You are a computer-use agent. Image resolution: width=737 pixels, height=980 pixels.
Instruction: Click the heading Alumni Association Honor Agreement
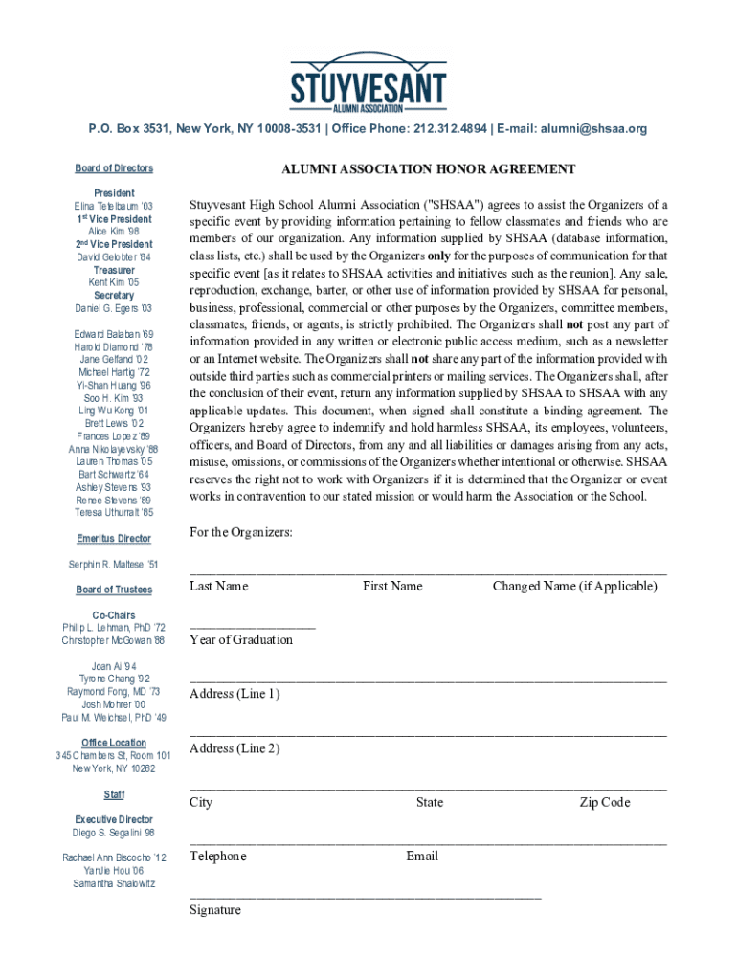coord(428,169)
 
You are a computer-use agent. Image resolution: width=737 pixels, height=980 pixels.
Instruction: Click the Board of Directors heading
coord(114,168)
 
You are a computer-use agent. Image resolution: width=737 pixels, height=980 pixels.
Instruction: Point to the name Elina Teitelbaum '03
coord(114,207)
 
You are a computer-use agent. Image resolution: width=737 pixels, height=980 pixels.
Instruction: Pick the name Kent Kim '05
coord(114,283)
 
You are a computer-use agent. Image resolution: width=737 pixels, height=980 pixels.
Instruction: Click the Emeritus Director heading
coord(114,539)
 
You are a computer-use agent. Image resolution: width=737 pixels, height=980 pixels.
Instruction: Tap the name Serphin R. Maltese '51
coord(114,565)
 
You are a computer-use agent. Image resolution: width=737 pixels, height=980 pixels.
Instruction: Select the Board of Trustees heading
coord(114,590)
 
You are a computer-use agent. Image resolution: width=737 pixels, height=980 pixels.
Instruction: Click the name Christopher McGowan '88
coord(114,640)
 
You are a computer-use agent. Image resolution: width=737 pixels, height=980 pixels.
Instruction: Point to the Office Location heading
coord(114,743)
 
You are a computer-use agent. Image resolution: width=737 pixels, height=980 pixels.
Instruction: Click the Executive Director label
coord(114,819)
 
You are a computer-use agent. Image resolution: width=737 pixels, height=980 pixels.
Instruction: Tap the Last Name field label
coord(218,586)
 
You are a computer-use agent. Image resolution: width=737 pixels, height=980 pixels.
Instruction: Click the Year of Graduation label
coord(241,639)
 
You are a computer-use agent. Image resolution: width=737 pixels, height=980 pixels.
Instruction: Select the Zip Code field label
coord(605,802)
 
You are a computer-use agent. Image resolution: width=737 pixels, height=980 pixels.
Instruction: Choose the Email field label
coord(422,856)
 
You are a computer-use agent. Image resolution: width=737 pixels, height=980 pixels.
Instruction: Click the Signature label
coord(215,910)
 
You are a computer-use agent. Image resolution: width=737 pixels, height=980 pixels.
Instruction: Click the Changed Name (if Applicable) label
coord(574,586)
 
